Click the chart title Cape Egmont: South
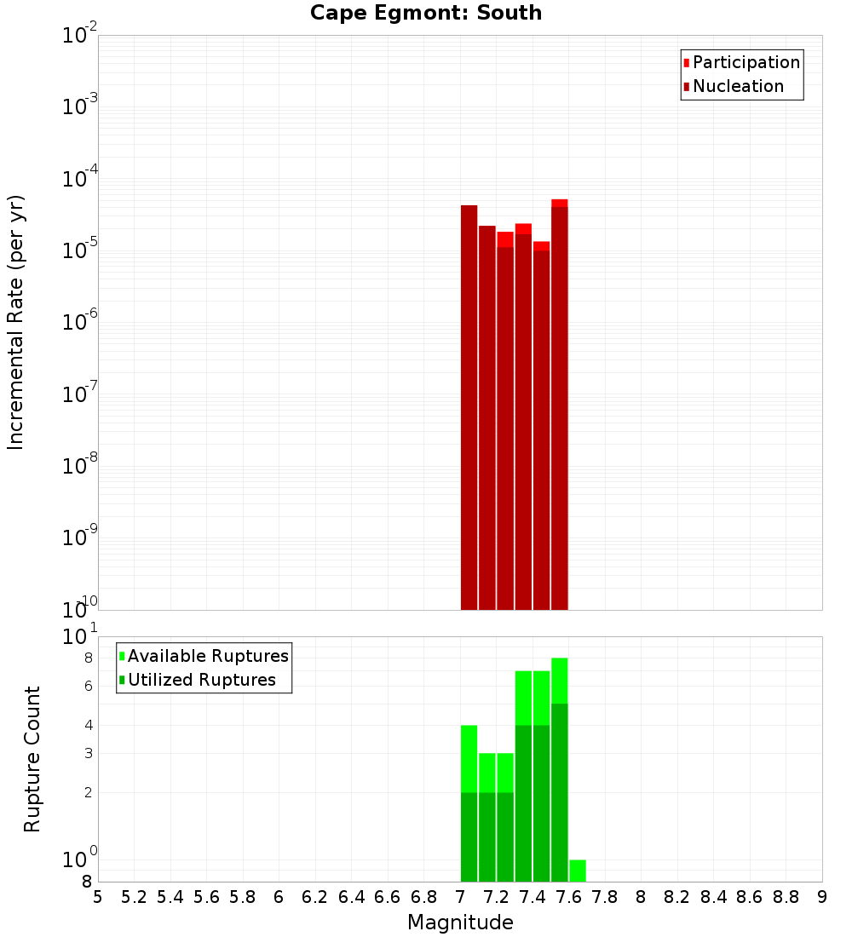426,13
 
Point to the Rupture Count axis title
32,759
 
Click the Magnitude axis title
460,923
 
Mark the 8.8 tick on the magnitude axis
786,896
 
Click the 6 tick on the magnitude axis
279,896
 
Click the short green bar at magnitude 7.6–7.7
578,871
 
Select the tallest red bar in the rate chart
560,405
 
